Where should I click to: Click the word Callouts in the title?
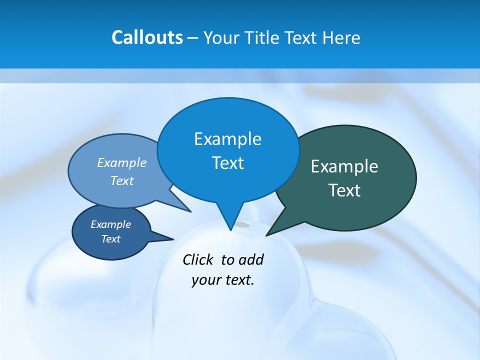pyautogui.click(x=147, y=37)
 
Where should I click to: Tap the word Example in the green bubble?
pyautogui.click(x=344, y=166)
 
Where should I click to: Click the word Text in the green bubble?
pyautogui.click(x=344, y=190)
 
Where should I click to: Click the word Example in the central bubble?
pyautogui.click(x=227, y=139)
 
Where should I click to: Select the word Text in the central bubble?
pyautogui.click(x=227, y=163)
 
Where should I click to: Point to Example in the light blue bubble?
pyautogui.click(x=121, y=162)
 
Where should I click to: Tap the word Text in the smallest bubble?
pyautogui.click(x=110, y=239)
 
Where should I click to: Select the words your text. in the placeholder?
pyautogui.click(x=223, y=280)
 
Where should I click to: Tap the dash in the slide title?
pyautogui.click(x=193, y=38)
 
